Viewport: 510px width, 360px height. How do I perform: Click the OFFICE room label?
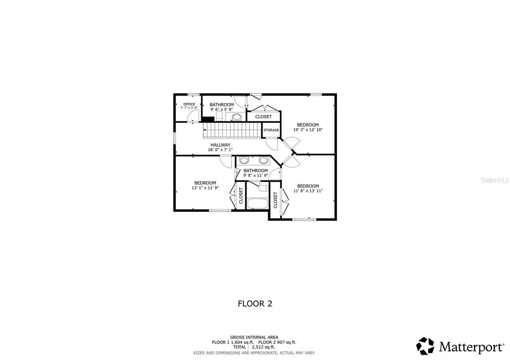pyautogui.click(x=189, y=104)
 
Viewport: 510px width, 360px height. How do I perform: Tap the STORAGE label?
pyautogui.click(x=271, y=130)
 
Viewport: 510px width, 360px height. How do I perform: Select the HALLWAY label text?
pyautogui.click(x=220, y=145)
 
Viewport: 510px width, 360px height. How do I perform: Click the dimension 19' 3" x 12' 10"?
pyautogui.click(x=308, y=130)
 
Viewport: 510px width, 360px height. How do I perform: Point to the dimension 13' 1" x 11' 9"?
pyautogui.click(x=205, y=188)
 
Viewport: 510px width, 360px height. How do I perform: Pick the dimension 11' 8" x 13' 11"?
pyautogui.click(x=308, y=191)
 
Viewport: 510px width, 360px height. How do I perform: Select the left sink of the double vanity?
pyautogui.click(x=244, y=160)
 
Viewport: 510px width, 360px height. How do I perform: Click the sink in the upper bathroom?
pyautogui.click(x=236, y=117)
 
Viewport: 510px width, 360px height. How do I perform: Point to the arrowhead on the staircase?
pyautogui.click(x=205, y=129)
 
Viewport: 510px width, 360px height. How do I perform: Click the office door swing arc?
pyautogui.click(x=193, y=116)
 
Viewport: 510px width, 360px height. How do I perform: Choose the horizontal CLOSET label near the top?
pyautogui.click(x=263, y=117)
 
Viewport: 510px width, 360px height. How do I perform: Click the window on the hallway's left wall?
pyautogui.click(x=175, y=137)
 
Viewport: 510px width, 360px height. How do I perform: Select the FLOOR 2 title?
pyautogui.click(x=255, y=303)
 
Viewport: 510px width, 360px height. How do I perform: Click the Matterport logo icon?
pyautogui.click(x=425, y=346)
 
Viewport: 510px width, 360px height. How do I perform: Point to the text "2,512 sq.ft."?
pyautogui.click(x=263, y=347)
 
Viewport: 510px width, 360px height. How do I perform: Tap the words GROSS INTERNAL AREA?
pyautogui.click(x=254, y=337)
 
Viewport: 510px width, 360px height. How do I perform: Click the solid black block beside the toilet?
pyautogui.click(x=208, y=119)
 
